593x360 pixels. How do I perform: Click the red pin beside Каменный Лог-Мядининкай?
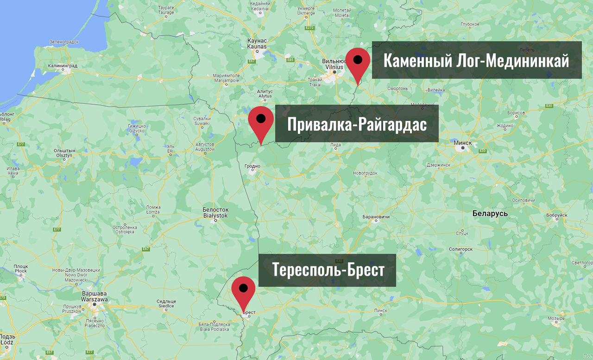click(x=358, y=63)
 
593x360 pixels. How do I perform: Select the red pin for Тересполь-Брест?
click(x=243, y=291)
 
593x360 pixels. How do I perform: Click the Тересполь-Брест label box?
click(x=327, y=270)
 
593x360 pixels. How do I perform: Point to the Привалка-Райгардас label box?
click(x=357, y=124)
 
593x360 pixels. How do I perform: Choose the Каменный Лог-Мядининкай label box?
click(x=477, y=60)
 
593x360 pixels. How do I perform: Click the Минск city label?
click(x=463, y=143)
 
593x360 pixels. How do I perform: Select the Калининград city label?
click(x=62, y=66)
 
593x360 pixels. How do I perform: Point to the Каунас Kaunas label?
click(x=257, y=44)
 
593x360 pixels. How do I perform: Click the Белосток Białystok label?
click(x=215, y=213)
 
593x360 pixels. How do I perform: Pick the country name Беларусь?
click(x=490, y=214)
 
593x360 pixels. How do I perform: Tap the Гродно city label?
click(x=252, y=165)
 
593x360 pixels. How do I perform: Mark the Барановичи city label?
click(x=376, y=217)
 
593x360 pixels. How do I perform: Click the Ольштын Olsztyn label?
click(x=64, y=153)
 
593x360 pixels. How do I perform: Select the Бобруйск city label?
click(x=556, y=215)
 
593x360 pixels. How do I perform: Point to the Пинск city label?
click(x=380, y=310)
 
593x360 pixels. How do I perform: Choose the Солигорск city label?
click(x=460, y=249)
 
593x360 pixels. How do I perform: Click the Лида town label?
click(x=335, y=145)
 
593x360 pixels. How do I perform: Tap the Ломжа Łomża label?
click(x=153, y=209)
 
